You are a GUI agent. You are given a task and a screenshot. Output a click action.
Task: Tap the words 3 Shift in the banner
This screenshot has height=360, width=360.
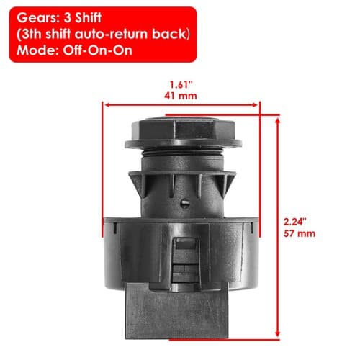pyautogui.click(x=82, y=18)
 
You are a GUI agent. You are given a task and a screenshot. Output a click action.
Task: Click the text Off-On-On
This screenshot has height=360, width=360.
pyautogui.click(x=97, y=50)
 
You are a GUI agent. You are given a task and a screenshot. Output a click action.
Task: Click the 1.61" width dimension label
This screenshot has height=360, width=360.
pyautogui.click(x=181, y=84)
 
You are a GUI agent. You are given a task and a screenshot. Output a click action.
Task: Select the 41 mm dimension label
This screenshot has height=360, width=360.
pyautogui.click(x=181, y=96)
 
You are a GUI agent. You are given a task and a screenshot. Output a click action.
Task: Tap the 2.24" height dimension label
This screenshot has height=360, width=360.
pyautogui.click(x=295, y=222)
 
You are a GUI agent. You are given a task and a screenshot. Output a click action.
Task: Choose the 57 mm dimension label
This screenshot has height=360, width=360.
pyautogui.click(x=300, y=233)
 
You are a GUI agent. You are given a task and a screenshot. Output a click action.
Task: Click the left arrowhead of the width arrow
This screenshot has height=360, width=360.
pyautogui.click(x=107, y=105)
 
